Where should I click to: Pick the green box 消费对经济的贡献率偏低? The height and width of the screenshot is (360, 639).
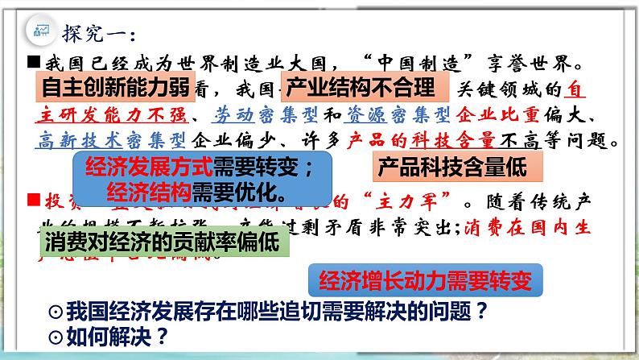162,243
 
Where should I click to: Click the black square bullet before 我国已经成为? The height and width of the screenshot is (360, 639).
33,60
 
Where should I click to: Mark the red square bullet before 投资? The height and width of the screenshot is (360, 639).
33,197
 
